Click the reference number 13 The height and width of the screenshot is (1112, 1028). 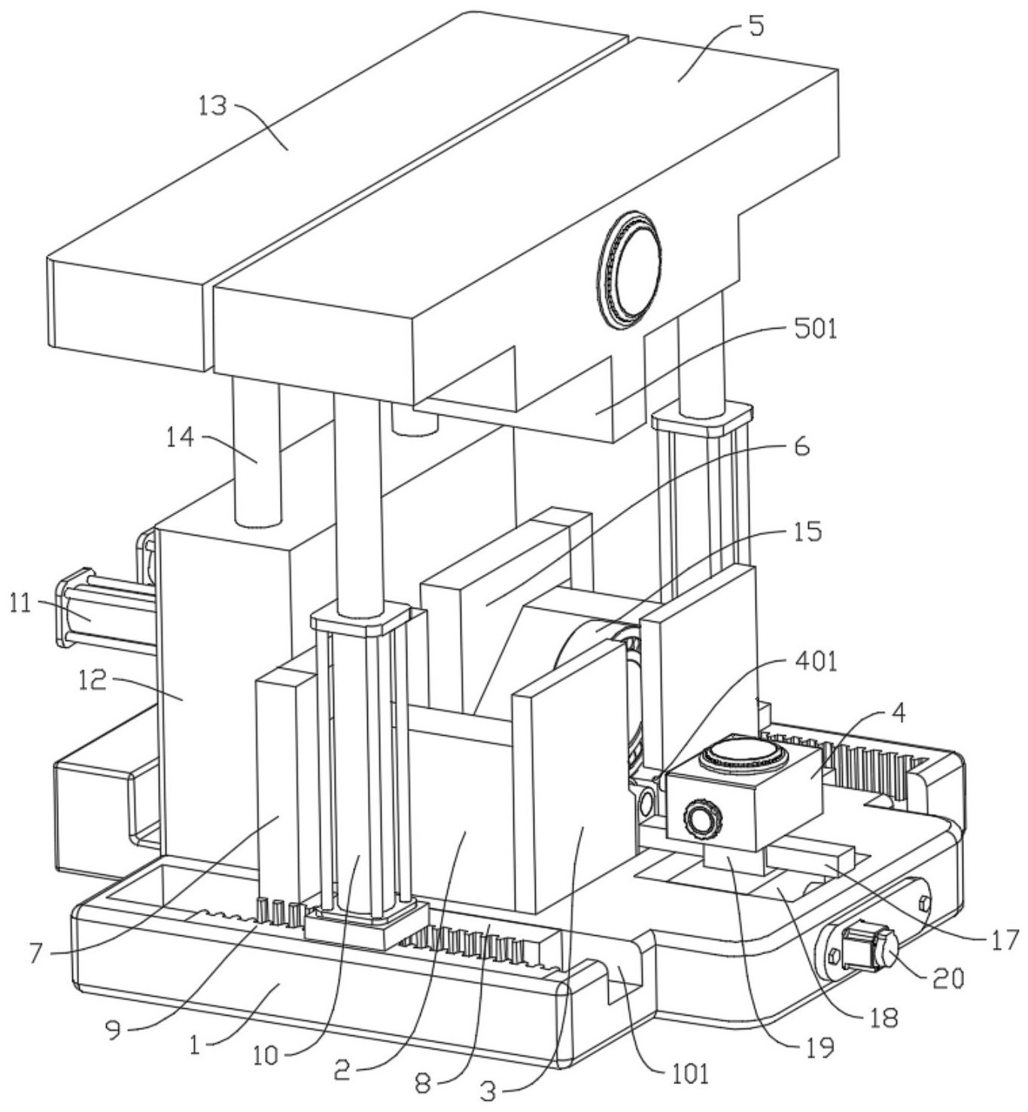pyautogui.click(x=213, y=106)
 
